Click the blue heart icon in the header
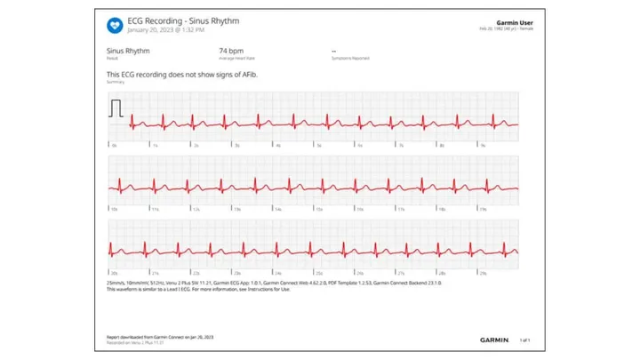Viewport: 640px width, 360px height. [115, 24]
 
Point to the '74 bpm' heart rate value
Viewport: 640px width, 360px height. [229, 52]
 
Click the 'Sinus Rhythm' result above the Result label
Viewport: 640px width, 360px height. [128, 52]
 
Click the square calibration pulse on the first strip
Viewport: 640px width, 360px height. [116, 108]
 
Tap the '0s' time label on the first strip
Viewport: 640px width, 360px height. [113, 144]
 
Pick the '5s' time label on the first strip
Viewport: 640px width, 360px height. [318, 144]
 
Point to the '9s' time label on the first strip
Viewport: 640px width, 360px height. [483, 144]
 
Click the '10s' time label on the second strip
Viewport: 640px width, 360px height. [114, 209]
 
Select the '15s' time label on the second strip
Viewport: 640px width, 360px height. [319, 209]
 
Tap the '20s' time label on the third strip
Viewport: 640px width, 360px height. [114, 273]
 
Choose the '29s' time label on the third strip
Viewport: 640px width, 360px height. [484, 273]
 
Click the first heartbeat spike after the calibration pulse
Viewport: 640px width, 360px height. [132, 122]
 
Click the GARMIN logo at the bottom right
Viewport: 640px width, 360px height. [494, 340]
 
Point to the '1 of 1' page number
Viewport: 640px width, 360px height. [524, 340]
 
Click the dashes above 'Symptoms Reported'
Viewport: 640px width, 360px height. [333, 52]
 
